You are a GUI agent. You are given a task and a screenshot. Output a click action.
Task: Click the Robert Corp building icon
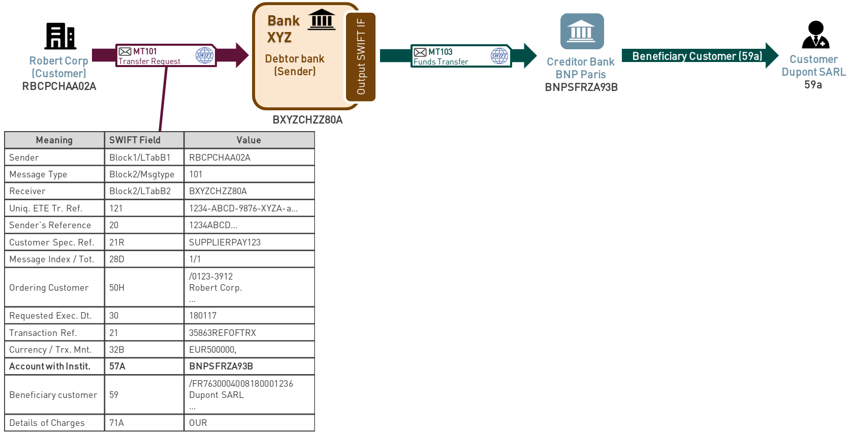pyautogui.click(x=60, y=36)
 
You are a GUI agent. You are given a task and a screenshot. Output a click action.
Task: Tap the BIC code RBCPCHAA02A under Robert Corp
pyautogui.click(x=59, y=86)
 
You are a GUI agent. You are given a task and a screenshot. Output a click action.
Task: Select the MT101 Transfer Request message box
pyautogui.click(x=166, y=55)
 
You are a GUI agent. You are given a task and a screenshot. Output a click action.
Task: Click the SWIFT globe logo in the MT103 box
pyautogui.click(x=499, y=56)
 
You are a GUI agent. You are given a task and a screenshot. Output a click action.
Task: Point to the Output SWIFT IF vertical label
pyautogui.click(x=361, y=56)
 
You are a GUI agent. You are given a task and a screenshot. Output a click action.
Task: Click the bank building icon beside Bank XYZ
pyautogui.click(x=322, y=20)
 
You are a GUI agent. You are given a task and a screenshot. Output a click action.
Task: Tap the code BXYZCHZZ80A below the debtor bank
pyautogui.click(x=307, y=120)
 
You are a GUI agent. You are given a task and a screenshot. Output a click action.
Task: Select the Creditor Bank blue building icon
pyautogui.click(x=582, y=32)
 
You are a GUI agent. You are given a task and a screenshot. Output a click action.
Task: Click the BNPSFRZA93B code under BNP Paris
pyautogui.click(x=581, y=87)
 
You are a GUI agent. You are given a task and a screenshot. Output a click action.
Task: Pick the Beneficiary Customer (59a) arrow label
pyautogui.click(x=697, y=56)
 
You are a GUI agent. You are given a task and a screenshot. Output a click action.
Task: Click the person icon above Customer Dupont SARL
pyautogui.click(x=815, y=35)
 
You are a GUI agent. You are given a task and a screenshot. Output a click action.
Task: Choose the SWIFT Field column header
pyautogui.click(x=135, y=140)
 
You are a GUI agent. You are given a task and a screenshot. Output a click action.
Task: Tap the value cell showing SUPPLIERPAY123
pyautogui.click(x=225, y=242)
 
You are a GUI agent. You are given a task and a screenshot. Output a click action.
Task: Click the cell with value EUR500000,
pyautogui.click(x=212, y=350)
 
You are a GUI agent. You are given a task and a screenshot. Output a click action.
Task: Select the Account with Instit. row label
pyautogui.click(x=50, y=366)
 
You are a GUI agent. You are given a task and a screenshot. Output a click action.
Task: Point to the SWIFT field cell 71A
pyautogui.click(x=117, y=423)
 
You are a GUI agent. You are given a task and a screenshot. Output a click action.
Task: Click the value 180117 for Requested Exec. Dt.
pyautogui.click(x=203, y=316)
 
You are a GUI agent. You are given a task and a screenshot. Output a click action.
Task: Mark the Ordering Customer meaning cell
pyautogui.click(x=49, y=288)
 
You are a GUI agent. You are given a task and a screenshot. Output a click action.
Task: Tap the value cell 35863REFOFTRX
pyautogui.click(x=223, y=333)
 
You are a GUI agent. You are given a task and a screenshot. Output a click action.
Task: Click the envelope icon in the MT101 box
pyautogui.click(x=125, y=51)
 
